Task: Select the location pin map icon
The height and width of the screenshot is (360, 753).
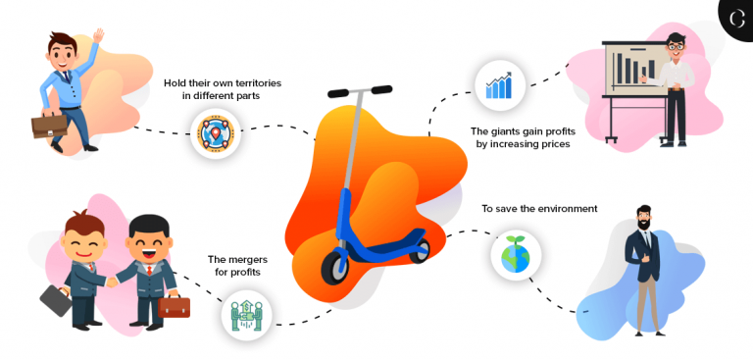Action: pyautogui.click(x=216, y=134)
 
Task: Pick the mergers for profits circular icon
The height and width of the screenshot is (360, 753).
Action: pyautogui.click(x=246, y=316)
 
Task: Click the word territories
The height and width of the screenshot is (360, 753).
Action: pyautogui.click(x=253, y=82)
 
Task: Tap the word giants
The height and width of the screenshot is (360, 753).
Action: pyautogui.click(x=512, y=130)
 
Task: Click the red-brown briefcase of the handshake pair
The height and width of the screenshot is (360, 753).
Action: pyautogui.click(x=174, y=307)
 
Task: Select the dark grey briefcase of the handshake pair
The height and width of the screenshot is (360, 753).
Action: pyautogui.click(x=56, y=300)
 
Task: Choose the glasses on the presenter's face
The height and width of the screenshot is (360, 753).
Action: pyautogui.click(x=675, y=44)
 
